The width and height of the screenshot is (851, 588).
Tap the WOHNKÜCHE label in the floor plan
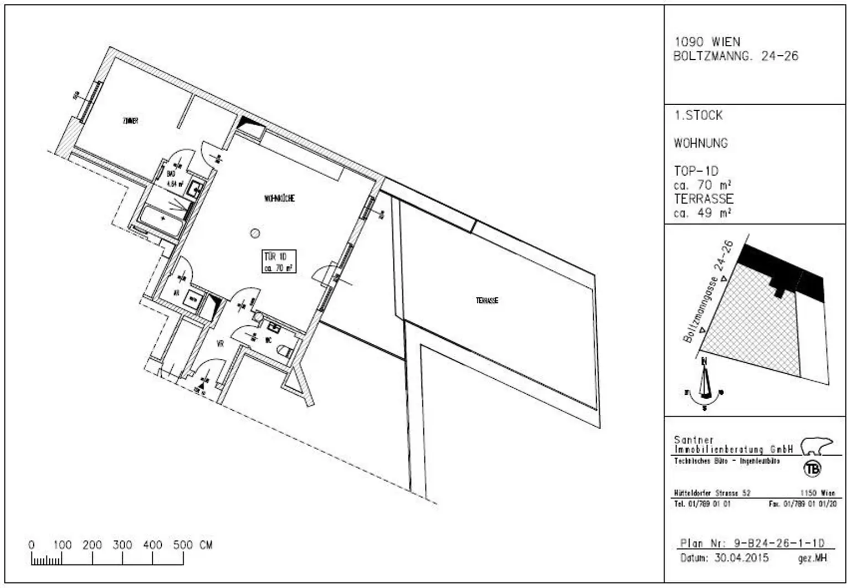(279, 198)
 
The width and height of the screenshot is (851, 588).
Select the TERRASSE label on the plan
(487, 301)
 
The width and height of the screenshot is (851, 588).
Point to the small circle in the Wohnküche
(255, 233)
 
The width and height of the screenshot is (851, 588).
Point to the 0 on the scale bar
(32, 545)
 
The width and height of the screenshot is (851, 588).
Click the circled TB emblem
(813, 468)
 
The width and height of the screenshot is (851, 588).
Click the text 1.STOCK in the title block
(698, 116)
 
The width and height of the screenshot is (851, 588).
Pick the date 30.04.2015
(741, 558)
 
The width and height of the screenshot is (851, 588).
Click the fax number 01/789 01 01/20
(808, 504)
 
